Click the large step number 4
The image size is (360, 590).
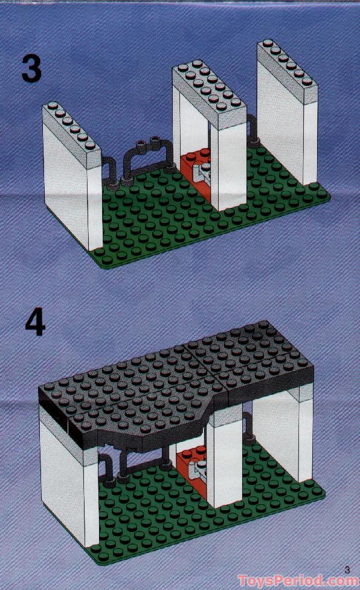[x=36, y=325]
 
